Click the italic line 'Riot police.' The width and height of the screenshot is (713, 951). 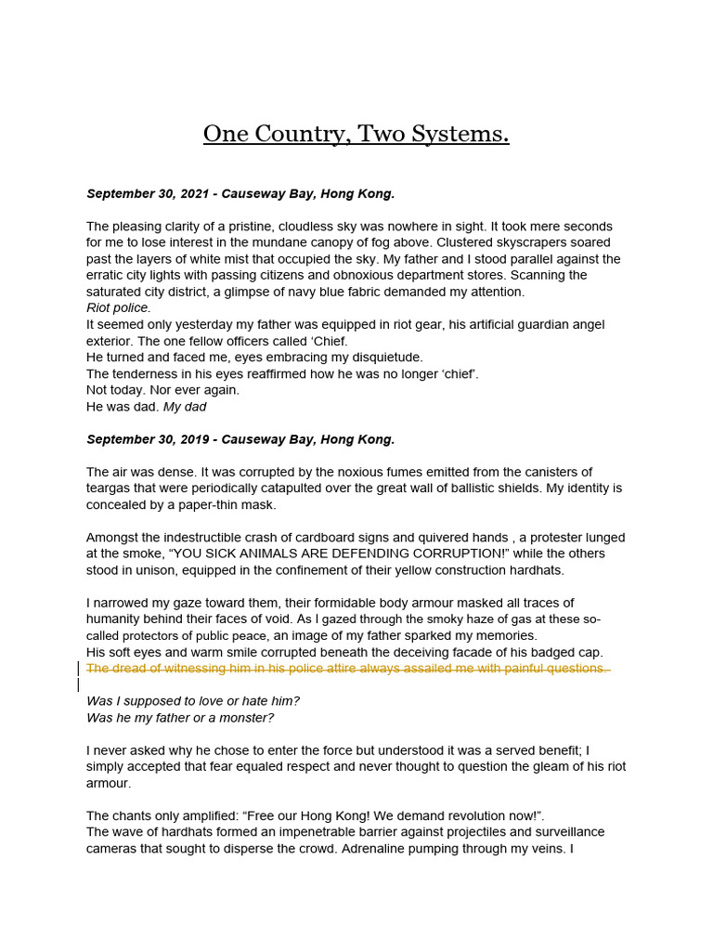118,308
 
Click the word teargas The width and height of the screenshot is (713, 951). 110,489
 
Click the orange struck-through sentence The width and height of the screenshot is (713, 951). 347,669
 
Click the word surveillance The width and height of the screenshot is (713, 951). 570,832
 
